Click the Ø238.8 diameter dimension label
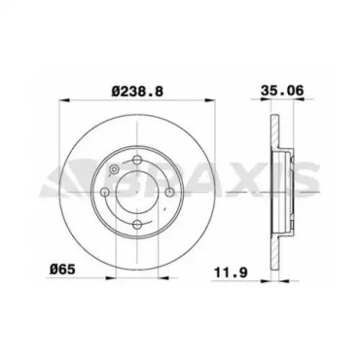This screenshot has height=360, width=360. pos(137,91)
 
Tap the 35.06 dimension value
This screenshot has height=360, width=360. pos(282,90)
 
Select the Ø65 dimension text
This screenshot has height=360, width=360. pos(62,270)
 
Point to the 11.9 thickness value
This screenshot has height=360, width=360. pos(231,272)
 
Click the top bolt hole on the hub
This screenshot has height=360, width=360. pos(137,160)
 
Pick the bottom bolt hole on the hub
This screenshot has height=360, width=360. pos(137,224)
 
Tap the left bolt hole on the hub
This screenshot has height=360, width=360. pos(105,192)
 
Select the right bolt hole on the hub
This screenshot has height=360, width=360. pos(169,192)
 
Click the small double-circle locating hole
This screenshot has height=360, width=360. pos(114,169)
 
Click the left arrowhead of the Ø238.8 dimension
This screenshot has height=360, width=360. pos(64,100)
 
